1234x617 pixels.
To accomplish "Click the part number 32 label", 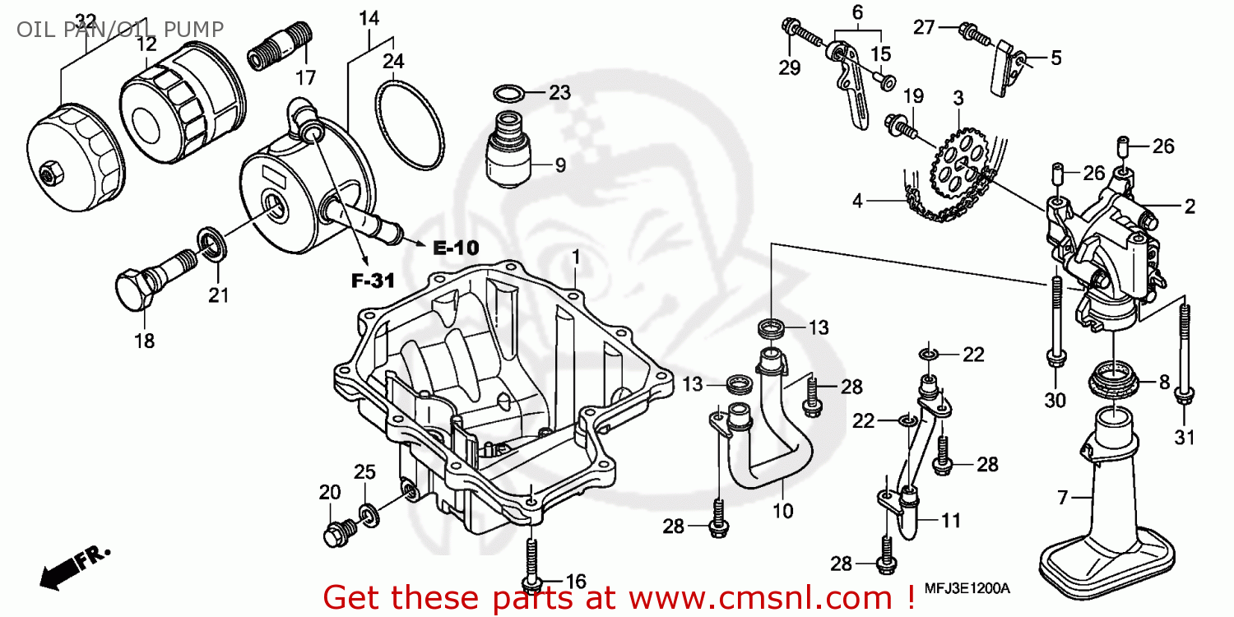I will click(x=85, y=20).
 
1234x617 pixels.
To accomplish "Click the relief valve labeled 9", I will click(x=508, y=152).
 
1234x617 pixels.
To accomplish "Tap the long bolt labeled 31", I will click(x=1183, y=354).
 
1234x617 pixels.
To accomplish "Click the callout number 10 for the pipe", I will click(x=783, y=511).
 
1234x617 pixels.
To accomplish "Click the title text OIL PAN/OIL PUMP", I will click(x=120, y=30).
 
